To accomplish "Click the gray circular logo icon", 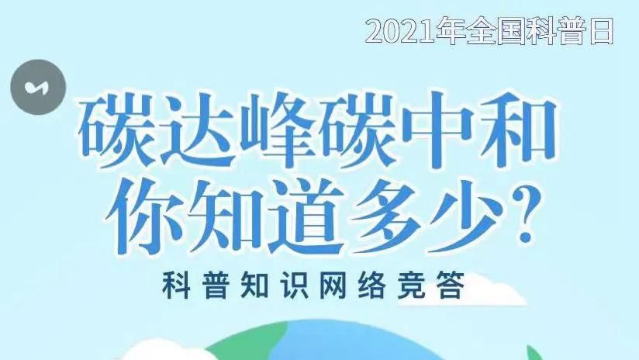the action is pos(38,87).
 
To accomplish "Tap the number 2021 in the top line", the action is pos(401,32).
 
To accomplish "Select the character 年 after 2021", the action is pos(451,31).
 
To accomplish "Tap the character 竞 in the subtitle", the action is pos(411,285).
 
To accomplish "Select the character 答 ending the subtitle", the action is pos(451,285).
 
